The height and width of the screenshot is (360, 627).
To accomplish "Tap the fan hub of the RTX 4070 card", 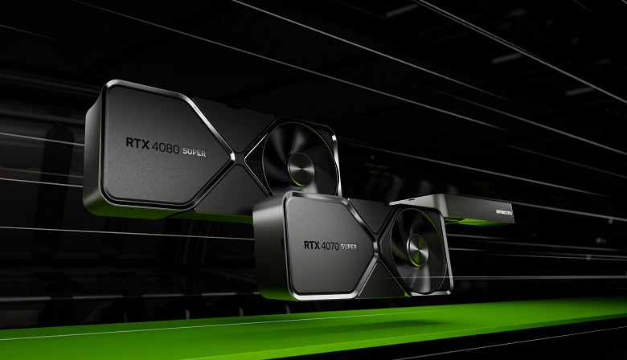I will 418,245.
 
